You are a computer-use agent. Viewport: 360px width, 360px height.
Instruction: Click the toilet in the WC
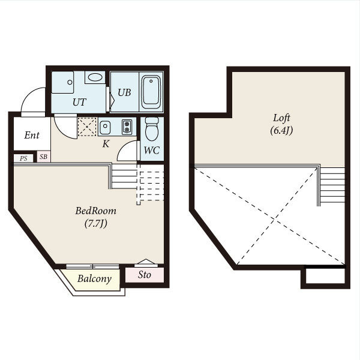tap(152, 128)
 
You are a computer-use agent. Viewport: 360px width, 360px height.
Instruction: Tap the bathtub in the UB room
tap(151, 92)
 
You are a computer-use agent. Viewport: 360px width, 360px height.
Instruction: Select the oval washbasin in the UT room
tap(95, 77)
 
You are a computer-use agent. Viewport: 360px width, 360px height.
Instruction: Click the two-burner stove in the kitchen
tap(127, 127)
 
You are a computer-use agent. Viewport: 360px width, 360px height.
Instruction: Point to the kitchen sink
tap(105, 127)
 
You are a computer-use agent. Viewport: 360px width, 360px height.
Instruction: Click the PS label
tap(23, 158)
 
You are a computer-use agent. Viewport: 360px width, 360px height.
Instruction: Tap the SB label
tap(43, 157)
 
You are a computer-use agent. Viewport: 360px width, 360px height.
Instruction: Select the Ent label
tap(32, 135)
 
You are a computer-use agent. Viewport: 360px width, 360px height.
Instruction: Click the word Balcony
tap(94, 279)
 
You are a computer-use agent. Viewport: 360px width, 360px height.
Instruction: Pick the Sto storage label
tap(145, 275)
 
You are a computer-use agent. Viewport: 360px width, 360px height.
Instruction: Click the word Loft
tap(281, 118)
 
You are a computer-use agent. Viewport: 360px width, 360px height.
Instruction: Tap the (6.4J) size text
tap(281, 131)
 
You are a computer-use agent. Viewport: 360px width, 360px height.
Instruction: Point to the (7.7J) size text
tap(96, 223)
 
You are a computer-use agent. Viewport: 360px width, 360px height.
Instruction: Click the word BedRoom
tap(96, 211)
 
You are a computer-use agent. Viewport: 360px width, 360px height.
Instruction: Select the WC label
tap(152, 151)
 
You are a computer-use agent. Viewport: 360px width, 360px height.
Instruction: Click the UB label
tap(124, 92)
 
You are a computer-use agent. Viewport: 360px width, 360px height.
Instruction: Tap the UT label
tap(79, 102)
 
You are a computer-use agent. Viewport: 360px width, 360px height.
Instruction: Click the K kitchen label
tap(106, 144)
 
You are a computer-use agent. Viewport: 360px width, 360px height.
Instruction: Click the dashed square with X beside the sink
tap(87, 127)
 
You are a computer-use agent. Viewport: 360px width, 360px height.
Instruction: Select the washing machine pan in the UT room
tap(62, 82)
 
